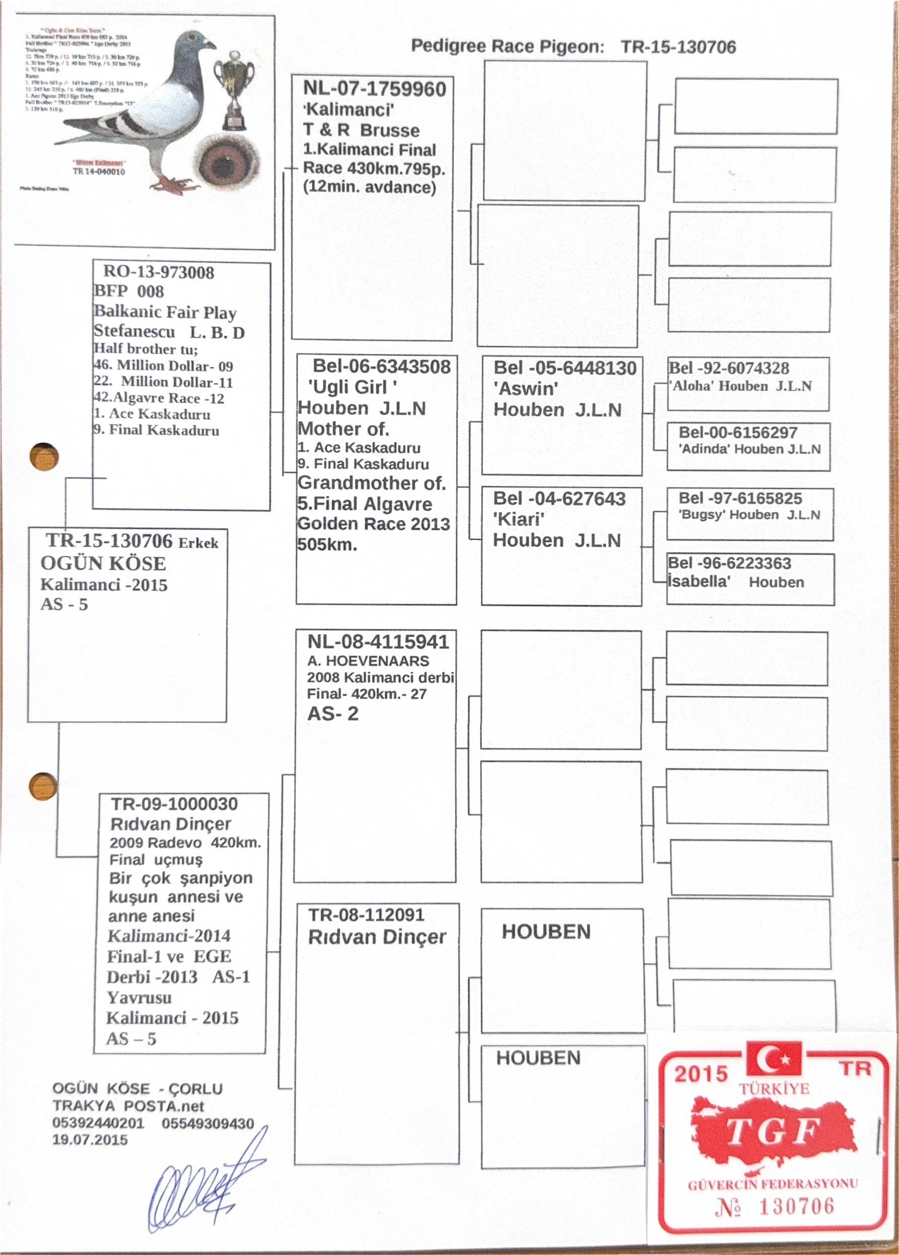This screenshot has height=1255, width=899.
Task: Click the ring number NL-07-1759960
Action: [374, 89]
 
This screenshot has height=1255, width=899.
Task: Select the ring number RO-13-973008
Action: [158, 272]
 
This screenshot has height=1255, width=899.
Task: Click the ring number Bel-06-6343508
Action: [381, 366]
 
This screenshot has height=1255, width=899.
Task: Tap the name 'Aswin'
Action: [526, 389]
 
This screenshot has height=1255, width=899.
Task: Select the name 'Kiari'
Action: [519, 519]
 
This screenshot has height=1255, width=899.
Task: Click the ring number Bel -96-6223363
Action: [729, 563]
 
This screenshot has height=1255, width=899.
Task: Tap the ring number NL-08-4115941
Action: [378, 642]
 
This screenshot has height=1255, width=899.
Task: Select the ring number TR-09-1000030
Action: [174, 804]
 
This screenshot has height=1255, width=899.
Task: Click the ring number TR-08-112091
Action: [367, 915]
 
